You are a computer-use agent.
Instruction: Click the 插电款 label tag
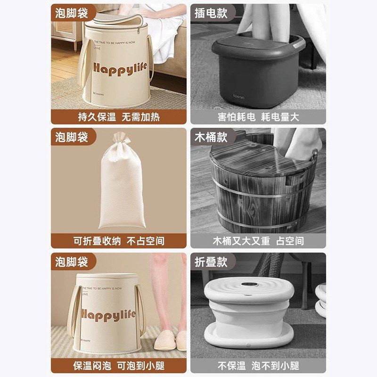coord(211,13)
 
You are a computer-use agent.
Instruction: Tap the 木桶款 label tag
coord(211,137)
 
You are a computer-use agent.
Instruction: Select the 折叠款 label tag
coord(211,261)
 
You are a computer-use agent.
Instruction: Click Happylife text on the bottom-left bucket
coord(108,314)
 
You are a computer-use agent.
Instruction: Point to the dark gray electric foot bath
coord(257,71)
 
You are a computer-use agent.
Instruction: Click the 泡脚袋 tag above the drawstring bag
coord(72,137)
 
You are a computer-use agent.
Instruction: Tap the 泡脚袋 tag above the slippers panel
coord(72,261)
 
